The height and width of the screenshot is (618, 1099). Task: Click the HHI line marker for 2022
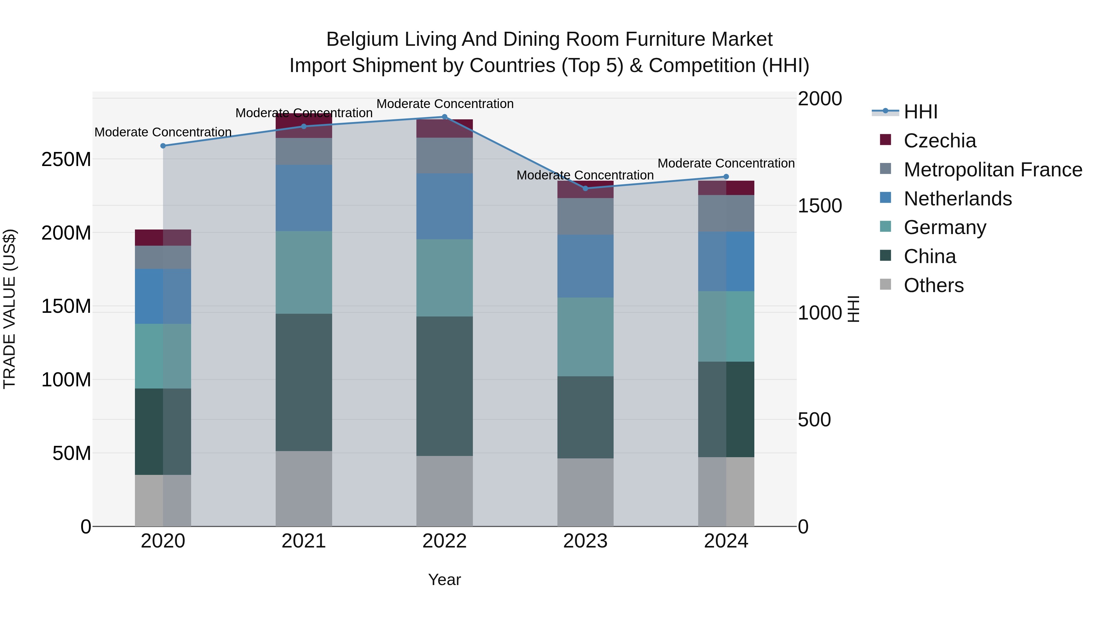(x=444, y=117)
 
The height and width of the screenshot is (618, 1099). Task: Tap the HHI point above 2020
(x=163, y=146)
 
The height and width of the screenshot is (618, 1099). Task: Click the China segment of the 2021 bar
(x=304, y=382)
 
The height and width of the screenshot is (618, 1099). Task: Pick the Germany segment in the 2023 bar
(x=585, y=337)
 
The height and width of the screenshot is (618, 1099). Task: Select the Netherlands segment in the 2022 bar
(x=444, y=206)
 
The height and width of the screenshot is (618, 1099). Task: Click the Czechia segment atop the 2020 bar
(x=163, y=237)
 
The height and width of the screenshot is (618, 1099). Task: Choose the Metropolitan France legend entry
(x=992, y=170)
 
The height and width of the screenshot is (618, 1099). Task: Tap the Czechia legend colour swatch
(x=886, y=140)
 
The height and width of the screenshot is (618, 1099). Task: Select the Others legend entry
(x=934, y=285)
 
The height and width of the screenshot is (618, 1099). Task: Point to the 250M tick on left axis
(x=66, y=160)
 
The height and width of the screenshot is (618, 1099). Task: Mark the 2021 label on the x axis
(x=304, y=541)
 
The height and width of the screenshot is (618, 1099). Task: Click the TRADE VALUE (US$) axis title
(x=10, y=309)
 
